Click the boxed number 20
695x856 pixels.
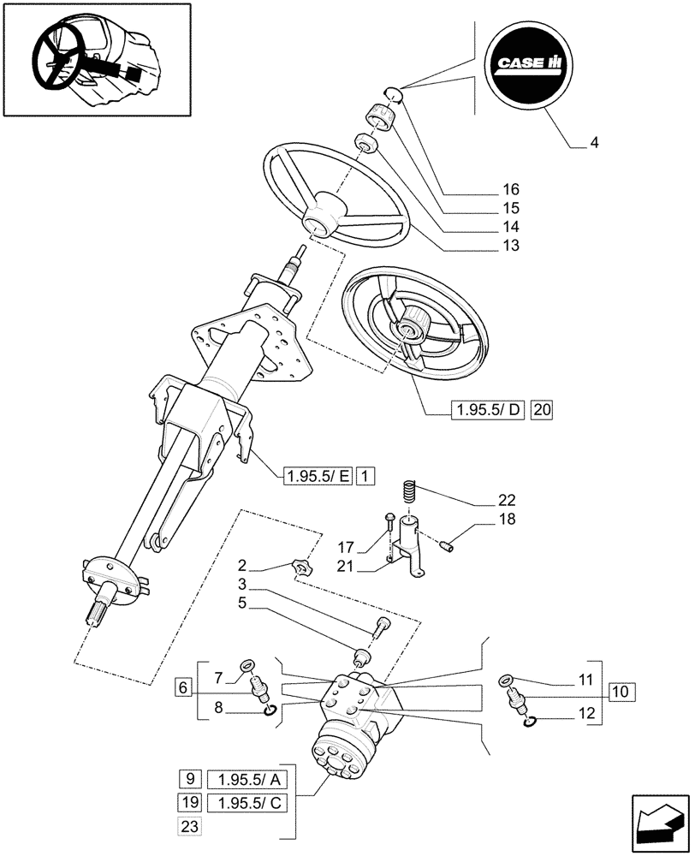point(543,411)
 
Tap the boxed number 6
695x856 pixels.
point(183,686)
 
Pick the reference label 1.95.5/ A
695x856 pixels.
point(242,780)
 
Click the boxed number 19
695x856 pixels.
point(189,802)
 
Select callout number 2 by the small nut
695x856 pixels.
point(244,565)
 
